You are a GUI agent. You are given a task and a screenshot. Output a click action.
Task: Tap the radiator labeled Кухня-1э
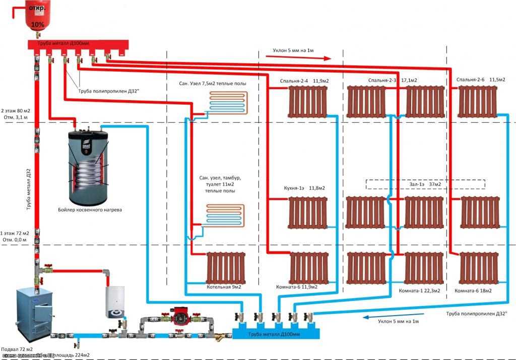click(x=308, y=212)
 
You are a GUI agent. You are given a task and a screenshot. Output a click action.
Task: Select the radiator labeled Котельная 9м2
click(x=226, y=267)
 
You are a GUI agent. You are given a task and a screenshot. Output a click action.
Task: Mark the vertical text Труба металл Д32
click(x=29, y=186)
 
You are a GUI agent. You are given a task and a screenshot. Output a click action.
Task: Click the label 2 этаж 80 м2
click(x=17, y=110)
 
